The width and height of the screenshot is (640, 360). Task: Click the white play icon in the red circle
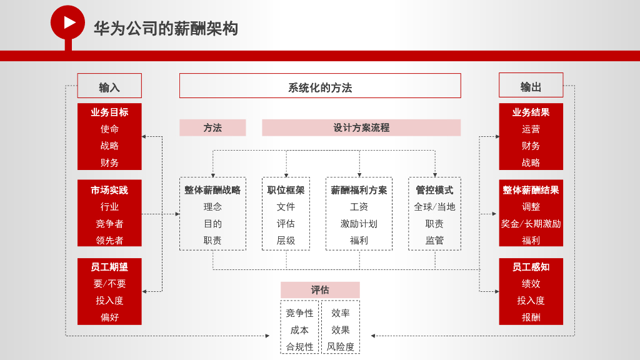(x=69, y=22)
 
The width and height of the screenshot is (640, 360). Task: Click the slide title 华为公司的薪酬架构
(x=166, y=29)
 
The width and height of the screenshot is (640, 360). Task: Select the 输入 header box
(x=109, y=86)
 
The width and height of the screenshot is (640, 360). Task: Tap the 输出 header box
(x=531, y=86)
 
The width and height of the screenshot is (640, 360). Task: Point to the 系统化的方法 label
(x=320, y=87)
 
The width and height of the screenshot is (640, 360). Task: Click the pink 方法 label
(x=212, y=127)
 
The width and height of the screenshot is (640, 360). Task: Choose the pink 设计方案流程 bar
(x=361, y=127)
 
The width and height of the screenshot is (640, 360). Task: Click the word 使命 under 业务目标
(x=109, y=129)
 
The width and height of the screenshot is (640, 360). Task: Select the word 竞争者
(x=109, y=224)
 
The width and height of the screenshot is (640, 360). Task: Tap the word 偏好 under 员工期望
(x=109, y=317)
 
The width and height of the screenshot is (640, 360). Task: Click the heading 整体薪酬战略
(x=212, y=190)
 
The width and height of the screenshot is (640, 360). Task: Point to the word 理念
(x=212, y=207)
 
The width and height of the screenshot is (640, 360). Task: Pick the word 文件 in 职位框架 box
(x=286, y=207)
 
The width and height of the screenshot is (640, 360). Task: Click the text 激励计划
(x=359, y=224)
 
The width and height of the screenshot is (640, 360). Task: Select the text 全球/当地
(x=434, y=207)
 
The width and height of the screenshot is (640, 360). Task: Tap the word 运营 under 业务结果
(x=531, y=129)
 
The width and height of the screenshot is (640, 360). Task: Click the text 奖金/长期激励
(x=531, y=224)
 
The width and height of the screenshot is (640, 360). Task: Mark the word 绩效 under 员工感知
(x=531, y=284)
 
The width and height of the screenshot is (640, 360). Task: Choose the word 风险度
(x=341, y=347)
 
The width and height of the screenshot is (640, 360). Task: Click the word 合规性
(x=299, y=347)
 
